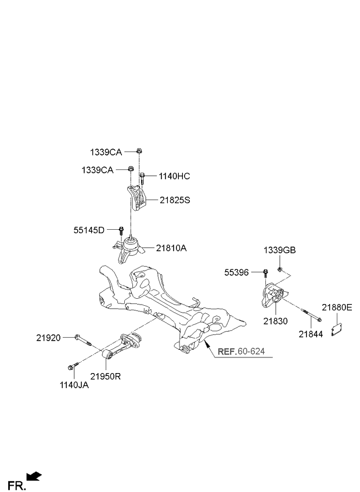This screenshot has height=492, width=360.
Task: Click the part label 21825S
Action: point(175,200)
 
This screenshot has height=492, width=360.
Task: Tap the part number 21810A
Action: point(171,248)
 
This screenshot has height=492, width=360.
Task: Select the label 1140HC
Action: point(174,176)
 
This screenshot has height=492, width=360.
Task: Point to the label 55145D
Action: point(89,230)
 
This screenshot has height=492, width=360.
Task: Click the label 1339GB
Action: point(280,251)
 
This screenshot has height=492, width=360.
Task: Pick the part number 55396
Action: point(236,273)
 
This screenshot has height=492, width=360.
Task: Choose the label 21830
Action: point(275,321)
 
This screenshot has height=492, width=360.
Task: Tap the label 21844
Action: point(311,334)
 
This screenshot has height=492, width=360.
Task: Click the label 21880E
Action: point(337,307)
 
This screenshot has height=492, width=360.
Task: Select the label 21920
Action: point(48,338)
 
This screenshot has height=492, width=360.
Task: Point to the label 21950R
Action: point(106,376)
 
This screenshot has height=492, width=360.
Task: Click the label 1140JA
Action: point(74,385)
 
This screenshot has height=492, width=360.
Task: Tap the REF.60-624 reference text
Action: point(241,351)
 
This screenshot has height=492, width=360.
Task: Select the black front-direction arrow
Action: point(34,476)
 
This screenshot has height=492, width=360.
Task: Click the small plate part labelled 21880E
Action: point(337,330)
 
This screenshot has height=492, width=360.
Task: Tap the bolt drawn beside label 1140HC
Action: point(142,178)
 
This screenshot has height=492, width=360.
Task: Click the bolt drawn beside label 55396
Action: point(265,273)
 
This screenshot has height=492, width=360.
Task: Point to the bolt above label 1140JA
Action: point(73,366)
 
